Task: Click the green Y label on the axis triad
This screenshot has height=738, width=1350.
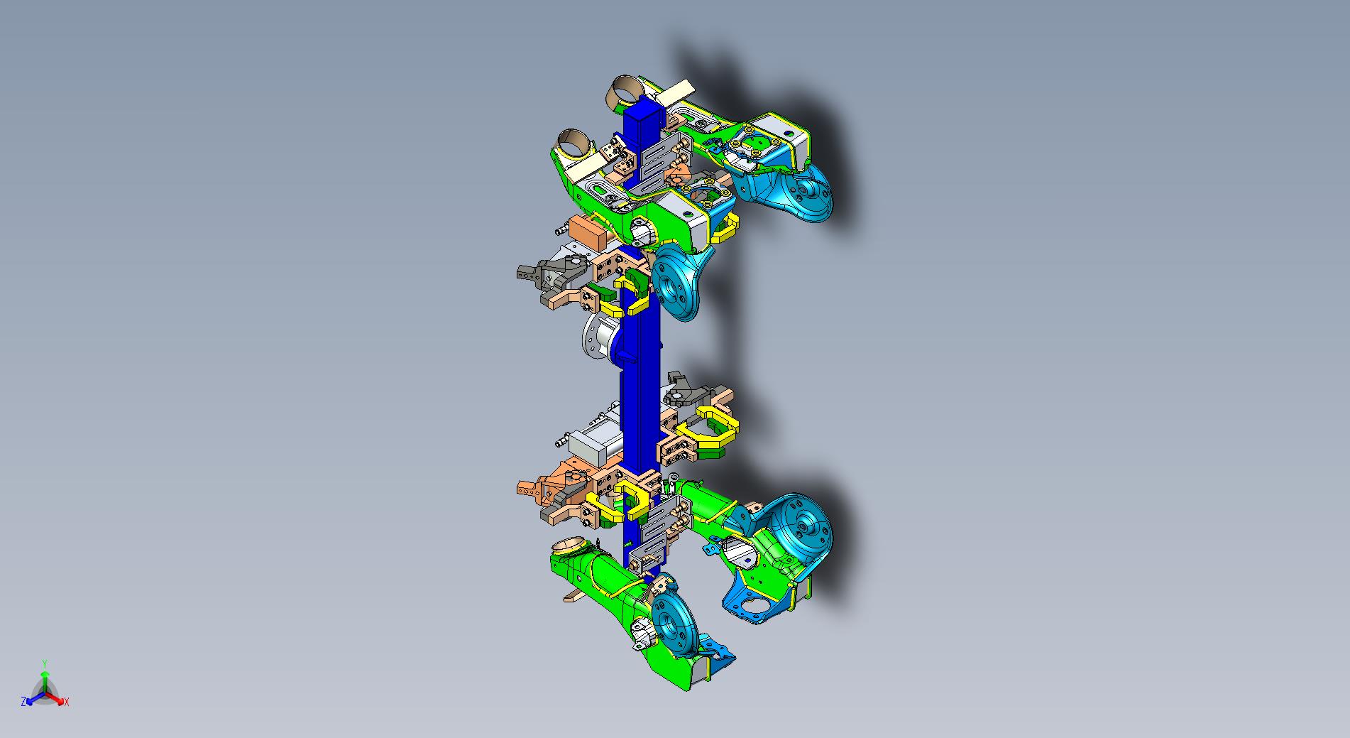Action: click(x=44, y=663)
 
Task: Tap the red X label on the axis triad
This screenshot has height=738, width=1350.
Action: click(x=67, y=702)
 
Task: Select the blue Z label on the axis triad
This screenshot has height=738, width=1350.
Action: click(x=24, y=702)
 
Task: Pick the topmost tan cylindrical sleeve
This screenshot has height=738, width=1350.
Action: click(x=626, y=90)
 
